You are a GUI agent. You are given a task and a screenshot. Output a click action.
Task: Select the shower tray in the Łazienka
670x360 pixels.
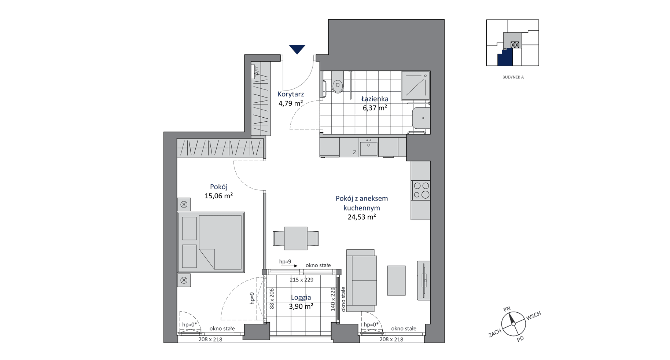[415, 86]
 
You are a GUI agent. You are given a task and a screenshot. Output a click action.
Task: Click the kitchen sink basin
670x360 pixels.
[369, 148]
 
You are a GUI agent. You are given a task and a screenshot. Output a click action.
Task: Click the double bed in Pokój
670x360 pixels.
[211, 242]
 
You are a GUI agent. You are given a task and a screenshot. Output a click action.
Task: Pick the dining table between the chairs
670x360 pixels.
[296, 238]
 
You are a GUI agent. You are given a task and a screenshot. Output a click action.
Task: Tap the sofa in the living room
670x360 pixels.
[361, 280]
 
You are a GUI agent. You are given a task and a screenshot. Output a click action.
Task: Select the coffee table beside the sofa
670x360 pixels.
[397, 280]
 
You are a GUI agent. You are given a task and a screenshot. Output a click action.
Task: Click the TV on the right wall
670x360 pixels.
[424, 280]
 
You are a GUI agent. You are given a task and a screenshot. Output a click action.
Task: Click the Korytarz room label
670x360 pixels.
[291, 94]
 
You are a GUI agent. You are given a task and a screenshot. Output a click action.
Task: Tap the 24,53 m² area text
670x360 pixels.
[362, 217]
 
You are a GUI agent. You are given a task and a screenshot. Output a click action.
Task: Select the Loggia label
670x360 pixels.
[301, 298]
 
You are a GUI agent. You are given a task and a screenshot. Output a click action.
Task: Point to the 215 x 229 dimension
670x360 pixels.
[302, 280]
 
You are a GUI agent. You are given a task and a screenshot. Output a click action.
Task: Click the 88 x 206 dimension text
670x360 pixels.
[272, 298]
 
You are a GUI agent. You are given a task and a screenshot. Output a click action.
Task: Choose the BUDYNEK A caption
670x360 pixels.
[513, 77]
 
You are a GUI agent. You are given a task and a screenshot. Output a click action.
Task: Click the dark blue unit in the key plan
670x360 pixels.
[505, 58]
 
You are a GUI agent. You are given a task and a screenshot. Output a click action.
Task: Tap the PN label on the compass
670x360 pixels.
[507, 309]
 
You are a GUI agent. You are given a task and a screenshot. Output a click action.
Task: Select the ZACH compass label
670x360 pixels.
[495, 333]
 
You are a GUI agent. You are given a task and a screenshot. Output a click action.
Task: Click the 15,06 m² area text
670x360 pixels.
[219, 196]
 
